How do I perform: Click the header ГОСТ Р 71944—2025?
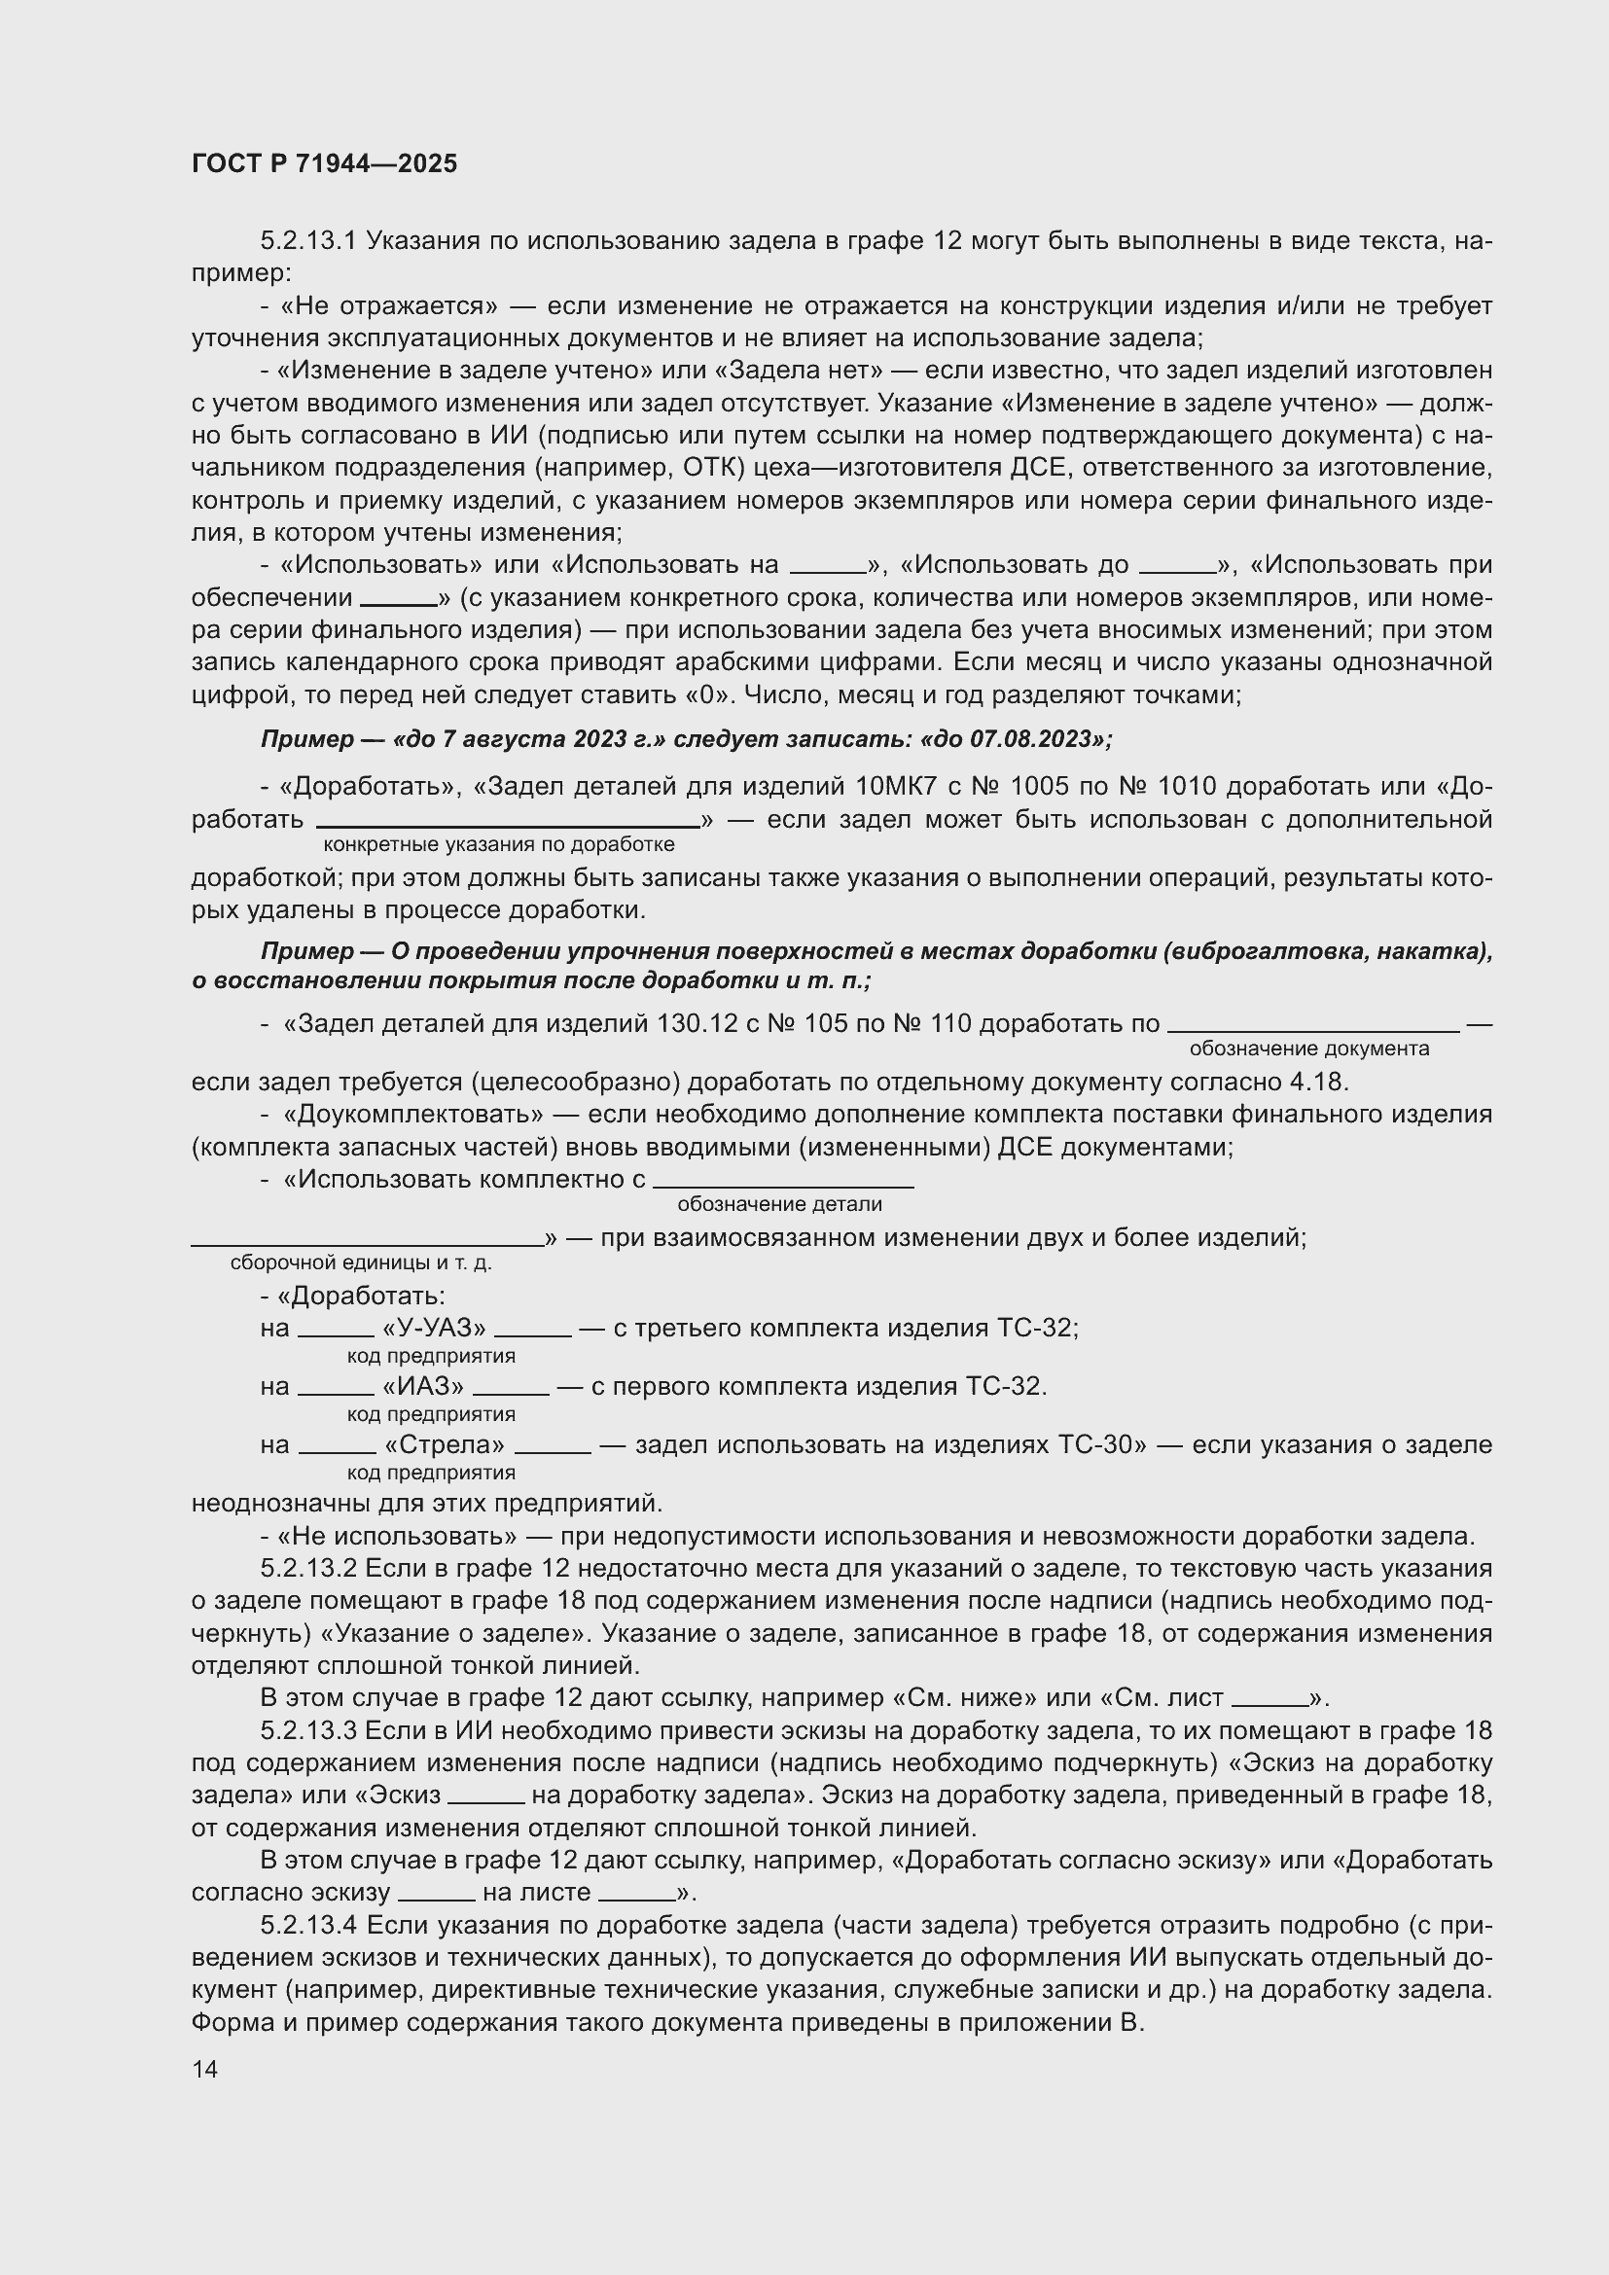[324, 163]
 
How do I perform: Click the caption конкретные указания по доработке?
[499, 844]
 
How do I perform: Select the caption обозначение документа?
[1308, 1049]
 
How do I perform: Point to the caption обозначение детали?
[780, 1204]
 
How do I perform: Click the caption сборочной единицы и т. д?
[361, 1262]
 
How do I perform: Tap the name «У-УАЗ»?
[434, 1328]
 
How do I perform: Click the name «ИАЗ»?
[423, 1386]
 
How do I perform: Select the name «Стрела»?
[444, 1444]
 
